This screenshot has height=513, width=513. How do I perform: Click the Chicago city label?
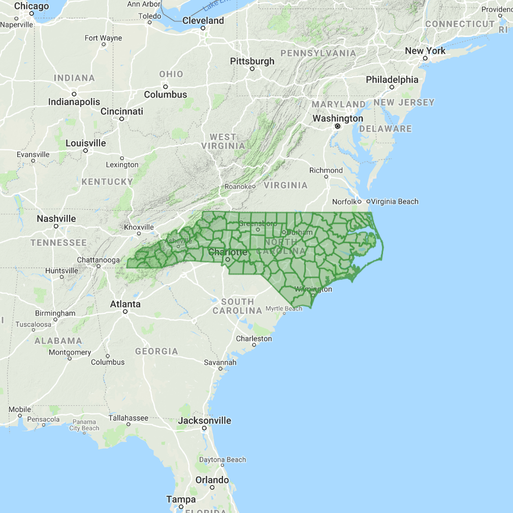pos(31,6)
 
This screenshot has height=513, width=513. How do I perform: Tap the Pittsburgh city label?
pos(252,61)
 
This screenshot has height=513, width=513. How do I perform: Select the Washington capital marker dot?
pos(337,126)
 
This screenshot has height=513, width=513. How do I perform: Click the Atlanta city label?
pos(125,304)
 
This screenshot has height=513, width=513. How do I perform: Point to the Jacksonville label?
pos(204,421)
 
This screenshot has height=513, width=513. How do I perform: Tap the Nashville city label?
pos(56,219)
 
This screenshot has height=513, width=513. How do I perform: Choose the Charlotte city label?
pos(228,252)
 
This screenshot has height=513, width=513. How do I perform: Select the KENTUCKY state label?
pos(107,181)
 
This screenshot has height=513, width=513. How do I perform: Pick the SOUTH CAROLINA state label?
pos(238,306)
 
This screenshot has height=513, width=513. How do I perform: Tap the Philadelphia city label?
pos(392,80)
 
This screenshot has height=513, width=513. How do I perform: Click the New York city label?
pos(425,51)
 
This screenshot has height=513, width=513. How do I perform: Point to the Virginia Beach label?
pos(395,202)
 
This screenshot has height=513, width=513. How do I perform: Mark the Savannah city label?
pos(220,362)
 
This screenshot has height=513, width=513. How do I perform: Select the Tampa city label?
pos(181,500)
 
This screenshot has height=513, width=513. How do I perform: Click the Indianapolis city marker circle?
pos(74,94)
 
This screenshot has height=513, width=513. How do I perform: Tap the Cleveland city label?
pos(203,21)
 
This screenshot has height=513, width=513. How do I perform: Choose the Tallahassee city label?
pos(129,418)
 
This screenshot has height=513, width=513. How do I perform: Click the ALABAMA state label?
pos(58,341)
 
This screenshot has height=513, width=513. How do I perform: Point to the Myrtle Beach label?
pos(284,308)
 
